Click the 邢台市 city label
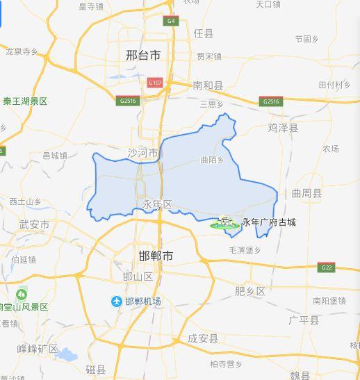(x=144, y=54)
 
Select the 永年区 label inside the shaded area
(x=156, y=204)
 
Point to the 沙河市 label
(x=143, y=152)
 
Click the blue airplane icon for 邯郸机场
(x=117, y=301)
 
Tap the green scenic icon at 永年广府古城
(x=224, y=223)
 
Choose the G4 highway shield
(x=170, y=21)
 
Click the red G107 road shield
(x=154, y=83)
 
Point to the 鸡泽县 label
(x=283, y=128)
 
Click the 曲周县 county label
(x=306, y=193)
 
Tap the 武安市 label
(x=35, y=224)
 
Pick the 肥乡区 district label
(x=250, y=291)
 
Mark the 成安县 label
(x=203, y=339)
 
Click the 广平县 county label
(x=304, y=320)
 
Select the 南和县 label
(x=208, y=85)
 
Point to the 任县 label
(x=204, y=33)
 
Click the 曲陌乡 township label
(x=212, y=160)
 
